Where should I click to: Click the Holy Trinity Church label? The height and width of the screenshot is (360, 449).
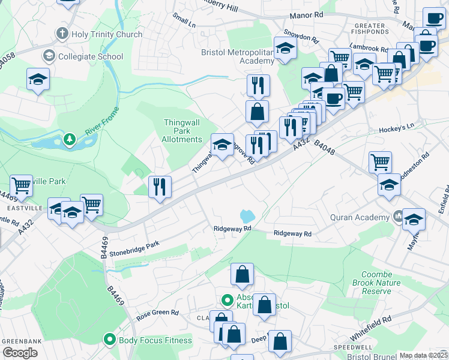pos(106,34)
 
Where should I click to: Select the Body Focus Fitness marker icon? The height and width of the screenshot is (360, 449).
pos(110,340)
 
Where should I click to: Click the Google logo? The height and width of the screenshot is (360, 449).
pos(20,353)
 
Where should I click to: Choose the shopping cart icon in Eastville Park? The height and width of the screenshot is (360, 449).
pos(21,185)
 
